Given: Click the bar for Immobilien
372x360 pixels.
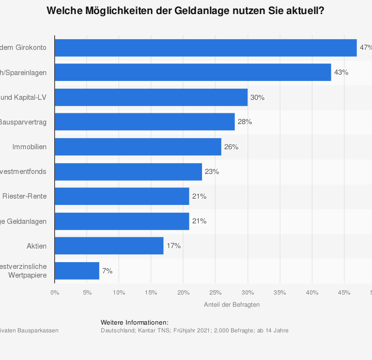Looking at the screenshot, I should [x=138, y=147].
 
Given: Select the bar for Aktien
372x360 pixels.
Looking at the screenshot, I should [x=109, y=246].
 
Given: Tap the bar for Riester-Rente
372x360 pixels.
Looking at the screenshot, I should [x=122, y=196].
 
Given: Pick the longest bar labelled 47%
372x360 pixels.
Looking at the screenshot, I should [x=205, y=48].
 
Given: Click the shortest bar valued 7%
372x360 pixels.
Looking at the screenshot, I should [x=77, y=271].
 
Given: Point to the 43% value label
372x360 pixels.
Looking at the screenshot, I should [x=341, y=72].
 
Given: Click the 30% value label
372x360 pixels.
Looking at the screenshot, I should [x=257, y=97].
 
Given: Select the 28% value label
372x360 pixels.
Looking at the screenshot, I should [x=245, y=122].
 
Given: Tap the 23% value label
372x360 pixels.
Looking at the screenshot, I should [x=212, y=172].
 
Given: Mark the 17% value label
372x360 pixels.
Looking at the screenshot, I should [x=173, y=246].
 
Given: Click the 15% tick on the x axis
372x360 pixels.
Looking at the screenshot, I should [x=151, y=292].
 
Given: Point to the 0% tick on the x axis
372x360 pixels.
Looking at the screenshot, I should [x=55, y=292].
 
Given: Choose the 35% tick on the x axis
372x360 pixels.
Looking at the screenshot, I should [x=279, y=292].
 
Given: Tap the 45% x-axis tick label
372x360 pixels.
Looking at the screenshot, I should [x=344, y=292].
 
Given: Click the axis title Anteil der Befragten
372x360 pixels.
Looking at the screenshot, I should [x=232, y=305].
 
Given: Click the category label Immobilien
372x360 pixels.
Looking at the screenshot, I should [x=30, y=147].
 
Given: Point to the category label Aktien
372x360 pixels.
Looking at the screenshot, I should [x=37, y=246].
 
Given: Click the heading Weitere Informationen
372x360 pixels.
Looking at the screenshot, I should [x=135, y=323].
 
